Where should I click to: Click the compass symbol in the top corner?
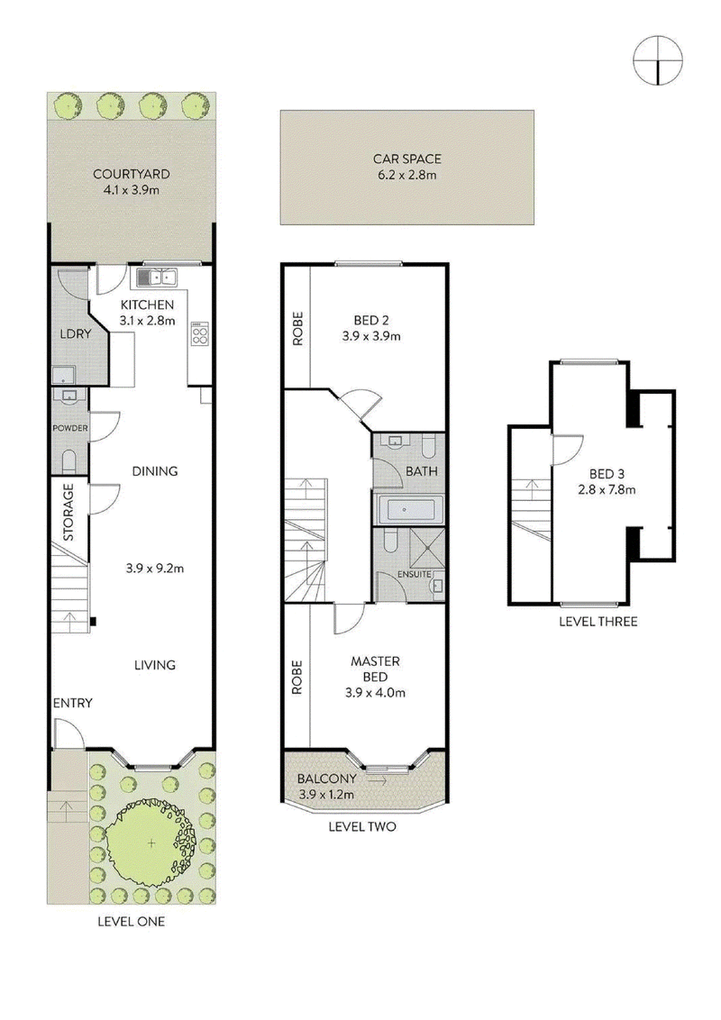658,60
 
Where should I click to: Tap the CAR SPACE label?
406,159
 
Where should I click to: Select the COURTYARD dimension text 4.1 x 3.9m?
131,190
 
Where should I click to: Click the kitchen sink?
157,278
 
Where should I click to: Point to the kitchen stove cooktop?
200,333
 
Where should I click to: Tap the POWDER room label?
70,428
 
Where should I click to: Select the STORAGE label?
68,512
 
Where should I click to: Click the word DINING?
155,471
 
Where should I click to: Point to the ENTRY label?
72,703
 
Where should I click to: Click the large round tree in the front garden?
151,843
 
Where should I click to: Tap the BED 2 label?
371,320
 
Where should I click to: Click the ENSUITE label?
415,574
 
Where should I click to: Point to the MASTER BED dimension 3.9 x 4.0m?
376,693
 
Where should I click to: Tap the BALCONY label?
326,778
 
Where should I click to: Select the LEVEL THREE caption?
598,621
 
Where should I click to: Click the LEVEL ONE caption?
131,921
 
